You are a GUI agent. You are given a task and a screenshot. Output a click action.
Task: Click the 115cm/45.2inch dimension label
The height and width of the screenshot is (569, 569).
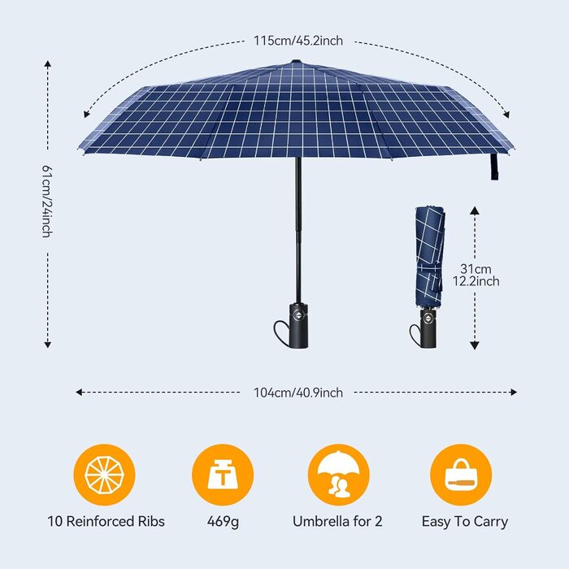[298, 41]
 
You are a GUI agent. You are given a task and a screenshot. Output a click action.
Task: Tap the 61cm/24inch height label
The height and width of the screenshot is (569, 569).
[47, 202]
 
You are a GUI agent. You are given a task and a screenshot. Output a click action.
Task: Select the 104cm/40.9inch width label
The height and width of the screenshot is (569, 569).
[298, 393]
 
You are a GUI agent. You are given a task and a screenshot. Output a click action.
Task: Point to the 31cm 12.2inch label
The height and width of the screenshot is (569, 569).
[476, 275]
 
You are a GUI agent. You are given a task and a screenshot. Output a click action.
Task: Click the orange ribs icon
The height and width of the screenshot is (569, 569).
[105, 475]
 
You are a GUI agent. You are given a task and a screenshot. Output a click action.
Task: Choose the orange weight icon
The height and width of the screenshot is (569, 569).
[223, 475]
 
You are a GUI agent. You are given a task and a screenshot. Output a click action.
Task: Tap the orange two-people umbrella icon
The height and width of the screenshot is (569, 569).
[339, 475]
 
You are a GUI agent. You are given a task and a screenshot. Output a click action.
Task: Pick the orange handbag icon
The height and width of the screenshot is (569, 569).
[461, 475]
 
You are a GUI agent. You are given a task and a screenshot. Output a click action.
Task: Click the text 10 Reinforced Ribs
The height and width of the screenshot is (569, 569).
[106, 522]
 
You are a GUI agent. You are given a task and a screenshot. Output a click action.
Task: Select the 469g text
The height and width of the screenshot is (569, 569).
[224, 522]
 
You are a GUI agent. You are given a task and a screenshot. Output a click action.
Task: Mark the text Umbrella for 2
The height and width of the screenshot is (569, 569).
[337, 522]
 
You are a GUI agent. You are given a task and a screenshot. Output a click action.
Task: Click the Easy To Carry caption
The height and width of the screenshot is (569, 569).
[464, 522]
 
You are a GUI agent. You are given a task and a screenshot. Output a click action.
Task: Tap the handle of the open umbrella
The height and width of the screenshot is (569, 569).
[298, 325]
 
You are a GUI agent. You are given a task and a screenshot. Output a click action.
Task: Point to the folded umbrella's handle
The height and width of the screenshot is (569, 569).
[428, 328]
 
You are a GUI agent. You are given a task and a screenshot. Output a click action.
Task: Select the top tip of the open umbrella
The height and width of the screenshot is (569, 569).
[297, 60]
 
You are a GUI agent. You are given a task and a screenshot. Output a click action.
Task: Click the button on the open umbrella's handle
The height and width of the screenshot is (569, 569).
[298, 315]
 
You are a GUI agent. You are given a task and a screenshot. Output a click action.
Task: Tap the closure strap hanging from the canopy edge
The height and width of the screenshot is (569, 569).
[494, 167]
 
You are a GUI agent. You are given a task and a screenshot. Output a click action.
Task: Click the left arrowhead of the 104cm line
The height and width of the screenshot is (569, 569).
[79, 392]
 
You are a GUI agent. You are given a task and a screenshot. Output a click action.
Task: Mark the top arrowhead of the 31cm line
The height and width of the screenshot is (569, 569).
[475, 210]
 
